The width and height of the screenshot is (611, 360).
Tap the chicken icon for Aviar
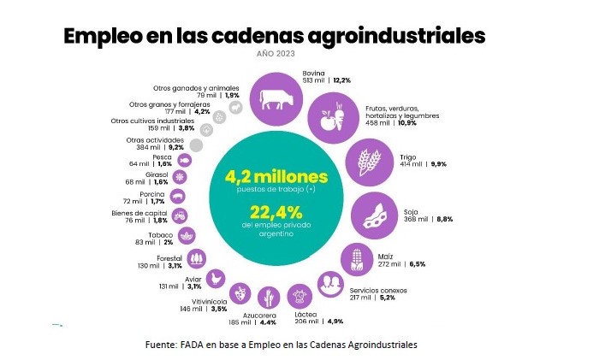pyautogui.click(x=218, y=278)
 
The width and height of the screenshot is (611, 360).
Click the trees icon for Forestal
pyautogui.click(x=197, y=257)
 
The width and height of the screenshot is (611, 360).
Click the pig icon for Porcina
pyautogui.click(x=179, y=196)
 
